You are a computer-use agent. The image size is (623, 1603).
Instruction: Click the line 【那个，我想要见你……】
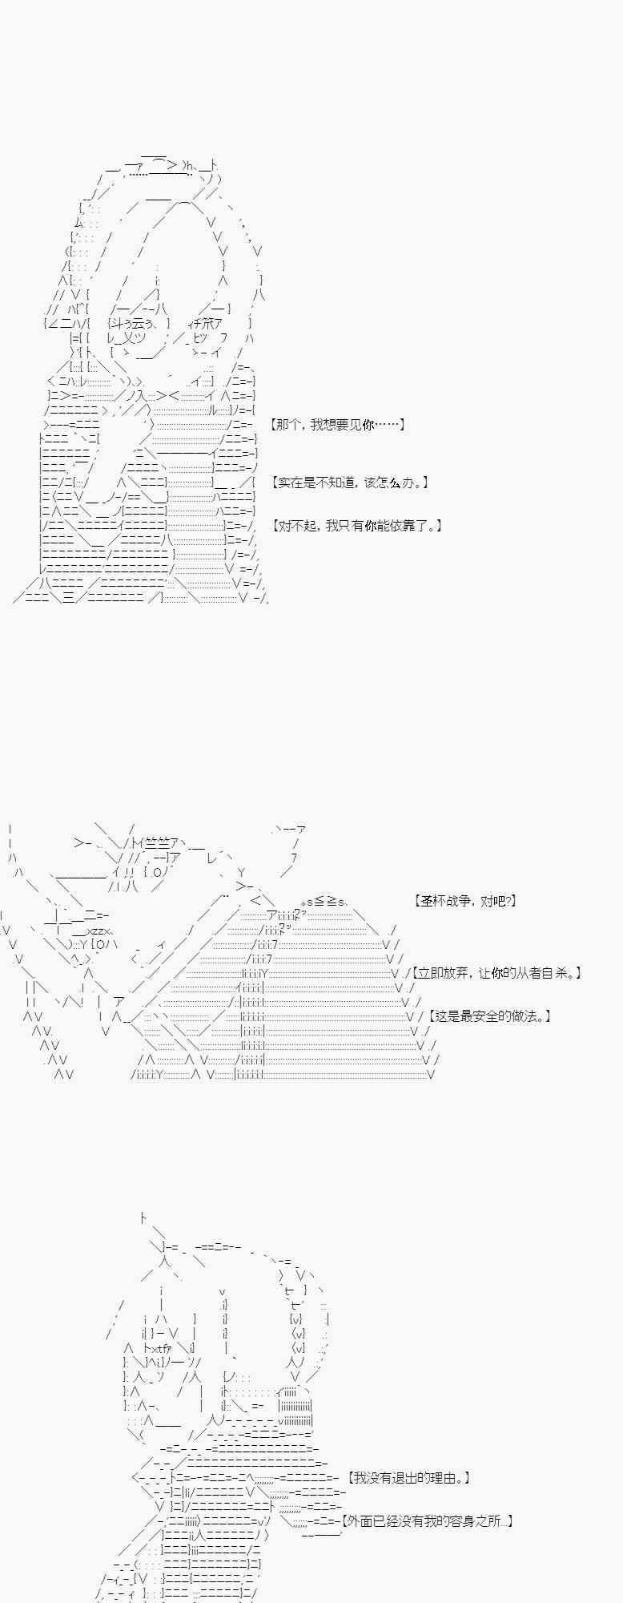tap(337, 425)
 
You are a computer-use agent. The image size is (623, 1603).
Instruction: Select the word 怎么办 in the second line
tap(393, 483)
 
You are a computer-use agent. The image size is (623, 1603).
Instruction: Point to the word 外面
tap(361, 1520)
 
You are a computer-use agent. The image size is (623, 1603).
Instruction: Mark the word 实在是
tap(298, 483)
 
